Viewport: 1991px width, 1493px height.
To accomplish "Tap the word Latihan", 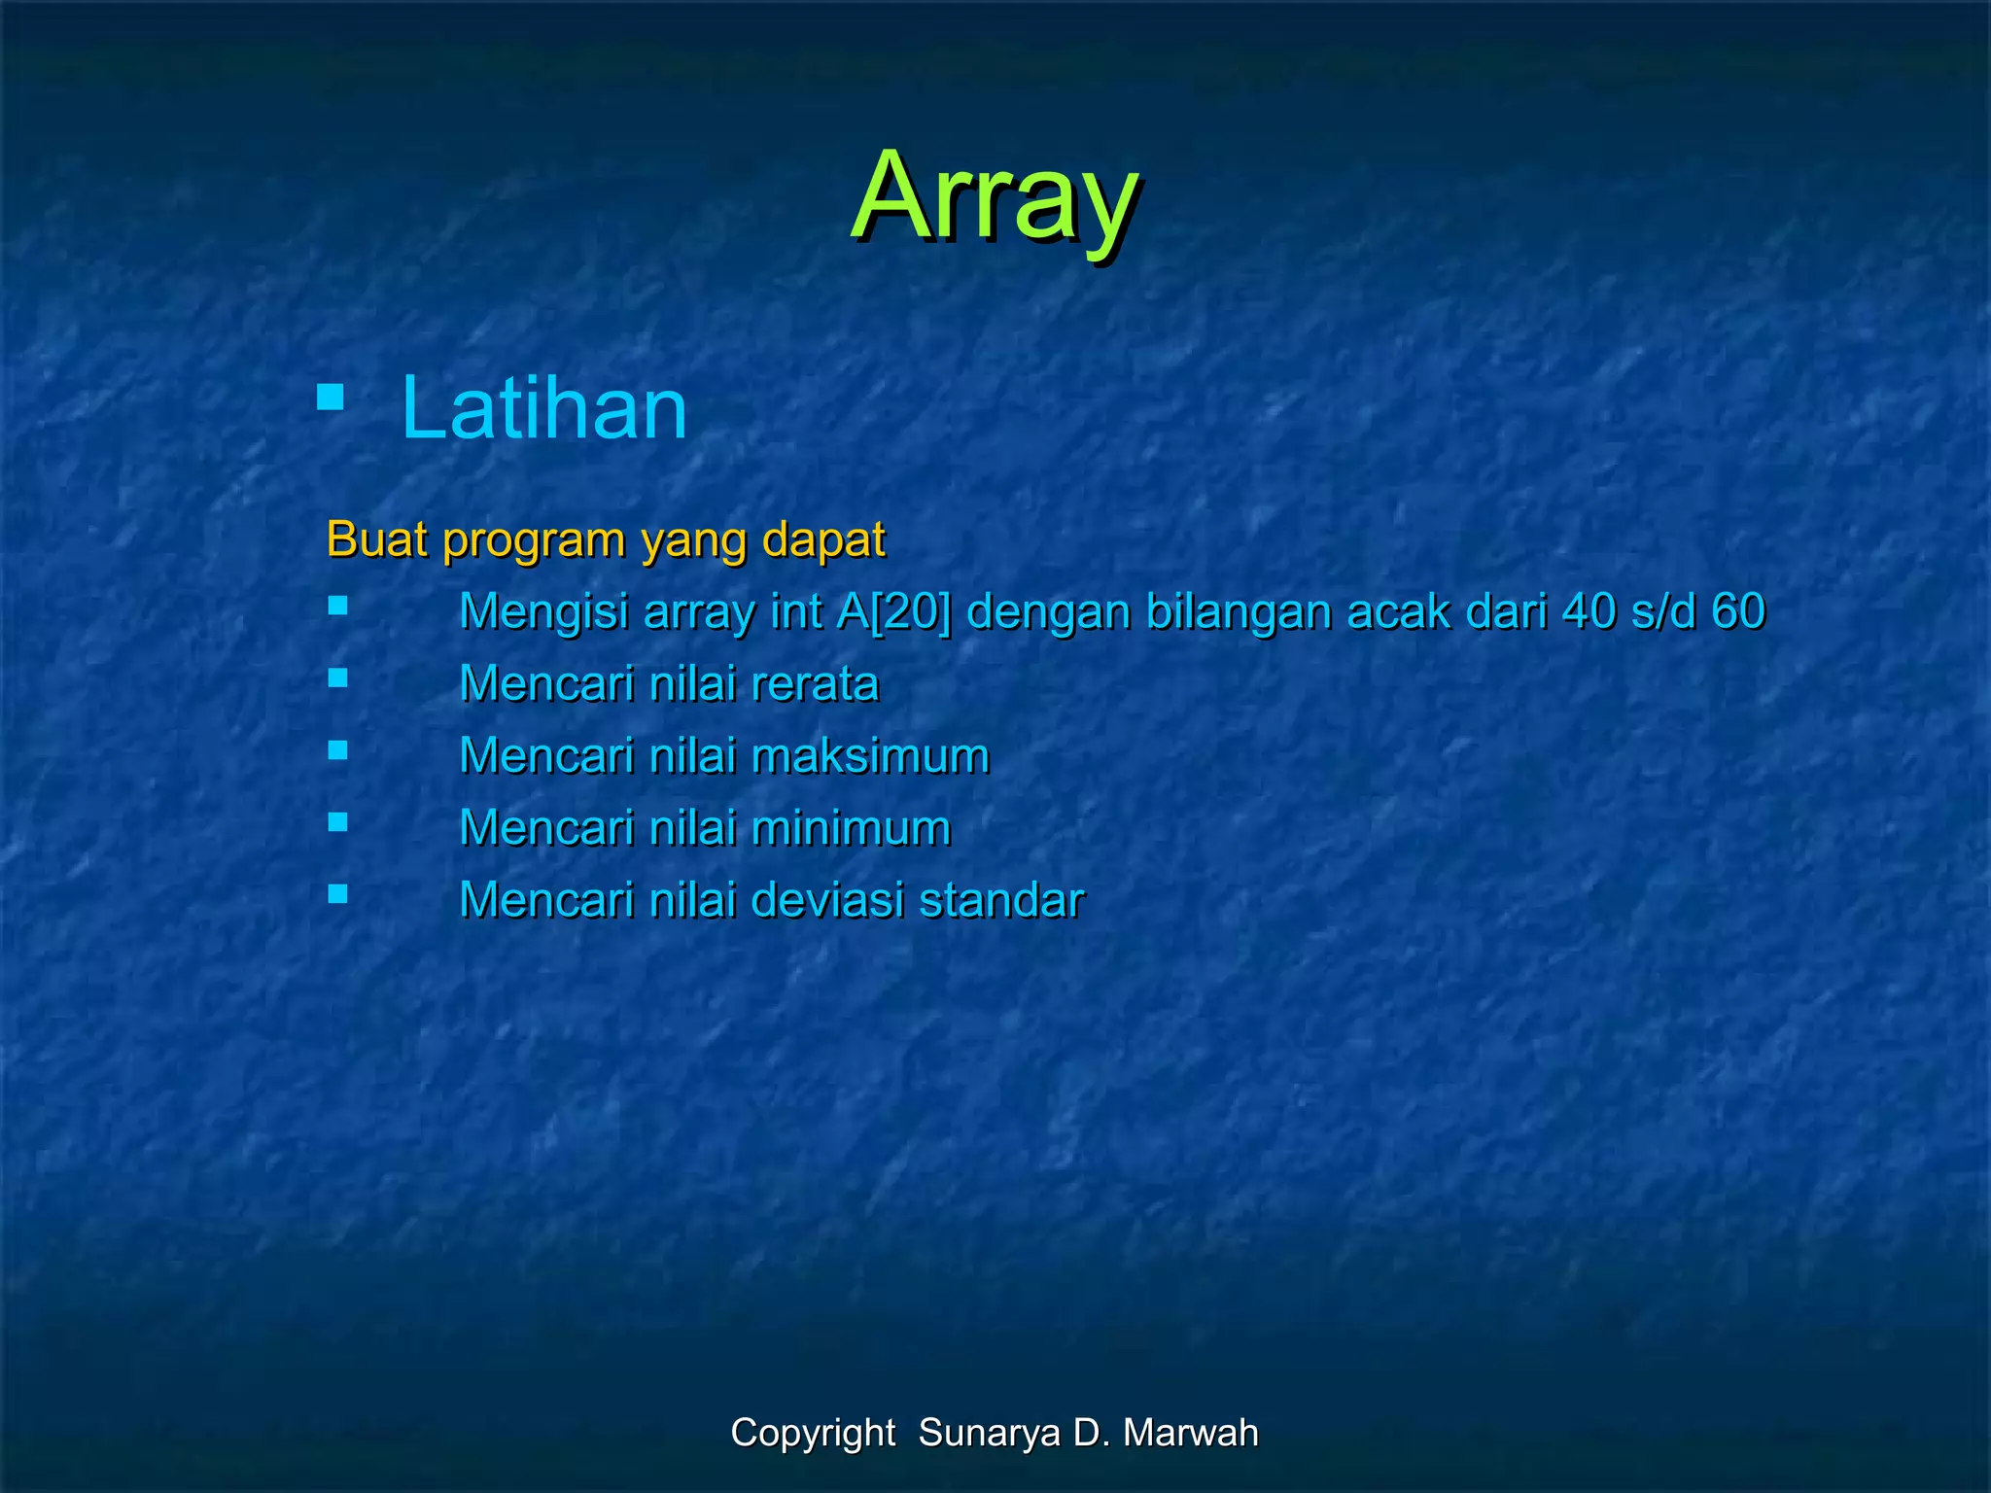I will tap(544, 408).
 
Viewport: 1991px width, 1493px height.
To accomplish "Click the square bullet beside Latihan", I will tap(331, 397).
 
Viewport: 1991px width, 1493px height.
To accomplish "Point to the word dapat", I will tap(823, 540).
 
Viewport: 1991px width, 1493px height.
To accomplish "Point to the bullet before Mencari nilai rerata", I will tap(337, 677).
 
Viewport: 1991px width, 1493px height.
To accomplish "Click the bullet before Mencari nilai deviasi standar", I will tap(337, 893).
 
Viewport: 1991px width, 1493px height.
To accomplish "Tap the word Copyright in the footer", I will tap(813, 1433).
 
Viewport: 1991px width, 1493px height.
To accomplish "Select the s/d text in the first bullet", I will tap(1663, 611).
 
